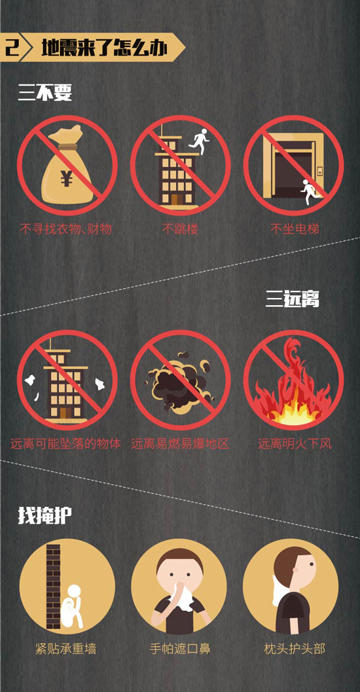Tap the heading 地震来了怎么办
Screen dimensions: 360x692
tap(104, 47)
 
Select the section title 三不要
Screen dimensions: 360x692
tap(45, 93)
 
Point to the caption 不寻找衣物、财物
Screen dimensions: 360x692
tap(65, 229)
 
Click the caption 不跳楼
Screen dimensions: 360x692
tap(180, 229)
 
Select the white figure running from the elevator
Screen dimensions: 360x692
tap(309, 192)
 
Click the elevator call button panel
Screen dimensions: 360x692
tap(319, 171)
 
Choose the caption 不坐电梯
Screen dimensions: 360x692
tap(294, 229)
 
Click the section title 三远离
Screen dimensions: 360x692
tap(293, 300)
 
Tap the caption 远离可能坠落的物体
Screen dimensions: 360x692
tap(65, 443)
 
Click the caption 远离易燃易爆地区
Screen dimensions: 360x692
tap(180, 443)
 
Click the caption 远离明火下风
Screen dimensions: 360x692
tap(295, 443)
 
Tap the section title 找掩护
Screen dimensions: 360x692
tap(45, 515)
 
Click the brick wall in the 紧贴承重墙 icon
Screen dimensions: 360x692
tap(54, 587)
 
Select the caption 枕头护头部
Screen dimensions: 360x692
tap(295, 649)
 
